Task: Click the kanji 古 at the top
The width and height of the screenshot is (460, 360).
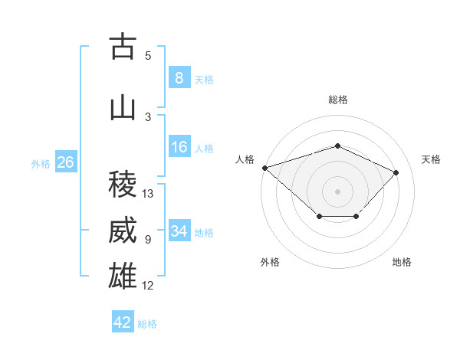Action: (123, 46)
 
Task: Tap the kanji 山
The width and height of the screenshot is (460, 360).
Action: (123, 109)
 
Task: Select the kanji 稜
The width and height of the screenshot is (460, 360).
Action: (123, 184)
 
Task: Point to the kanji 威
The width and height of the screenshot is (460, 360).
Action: (123, 230)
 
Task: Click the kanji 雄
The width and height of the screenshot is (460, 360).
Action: (123, 276)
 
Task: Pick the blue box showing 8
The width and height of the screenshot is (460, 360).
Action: (179, 77)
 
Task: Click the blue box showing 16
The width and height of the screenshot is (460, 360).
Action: (179, 146)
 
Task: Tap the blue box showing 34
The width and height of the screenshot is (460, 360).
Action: (179, 230)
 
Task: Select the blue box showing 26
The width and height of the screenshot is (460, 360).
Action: (66, 162)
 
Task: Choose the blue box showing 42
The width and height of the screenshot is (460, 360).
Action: (123, 321)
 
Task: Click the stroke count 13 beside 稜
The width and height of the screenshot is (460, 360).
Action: (147, 194)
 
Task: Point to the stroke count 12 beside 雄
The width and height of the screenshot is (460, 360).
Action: (147, 286)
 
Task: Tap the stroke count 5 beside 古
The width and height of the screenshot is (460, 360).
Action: (148, 56)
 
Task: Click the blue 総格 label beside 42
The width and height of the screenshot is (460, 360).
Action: (147, 324)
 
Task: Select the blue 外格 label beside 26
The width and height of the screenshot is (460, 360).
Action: (41, 164)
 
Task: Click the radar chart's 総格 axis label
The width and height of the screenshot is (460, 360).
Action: (338, 100)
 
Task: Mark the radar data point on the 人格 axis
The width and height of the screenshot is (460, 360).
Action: (265, 168)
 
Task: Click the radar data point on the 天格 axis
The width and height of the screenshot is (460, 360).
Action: (396, 172)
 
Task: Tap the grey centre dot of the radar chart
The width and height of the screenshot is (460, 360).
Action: (337, 191)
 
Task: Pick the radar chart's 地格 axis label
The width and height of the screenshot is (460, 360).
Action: (402, 262)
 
